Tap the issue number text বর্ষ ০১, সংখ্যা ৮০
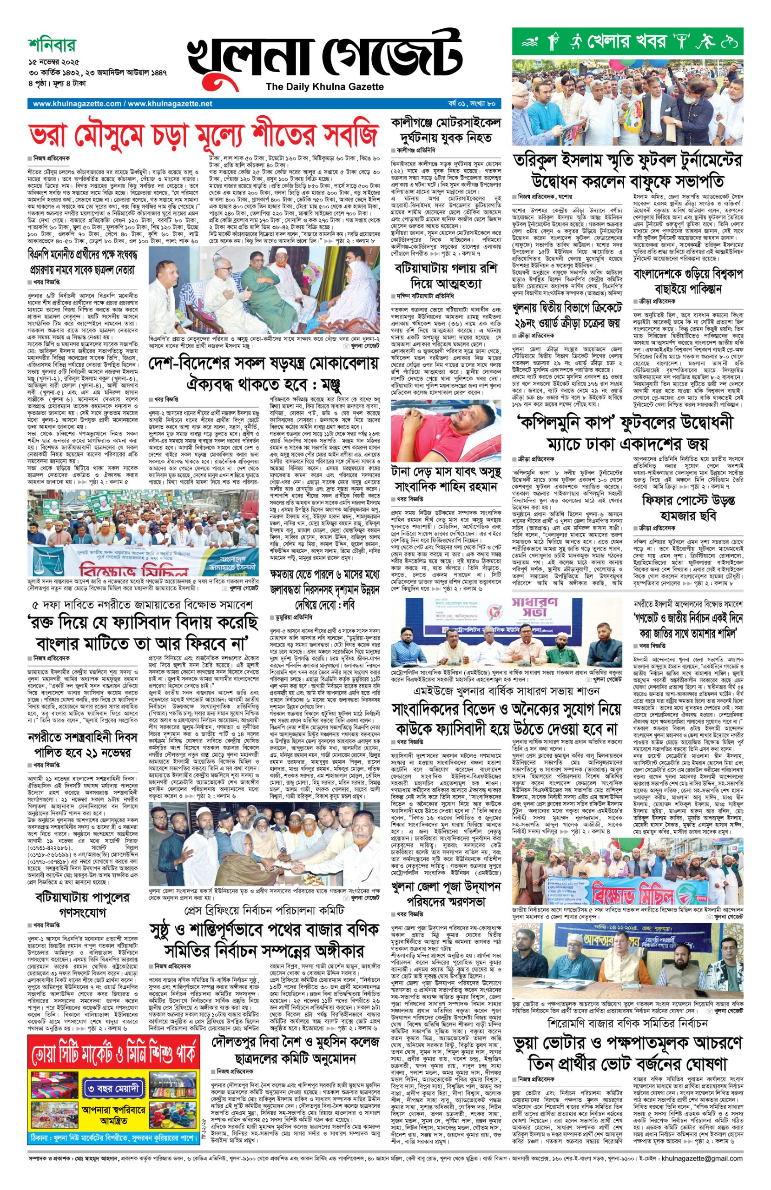(471, 104)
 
